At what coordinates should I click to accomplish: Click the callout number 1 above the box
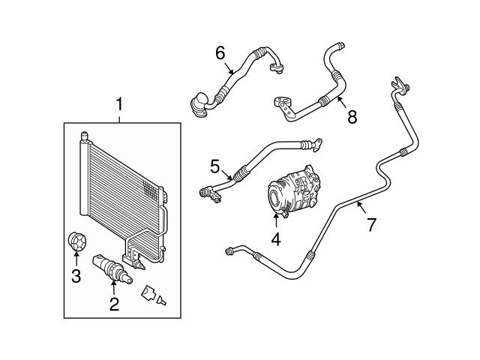point(119,104)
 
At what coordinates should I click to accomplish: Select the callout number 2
point(114,304)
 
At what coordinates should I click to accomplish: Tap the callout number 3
point(76,276)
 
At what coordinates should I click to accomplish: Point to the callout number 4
point(276,239)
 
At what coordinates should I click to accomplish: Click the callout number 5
point(215,166)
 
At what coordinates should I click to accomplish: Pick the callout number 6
point(220,53)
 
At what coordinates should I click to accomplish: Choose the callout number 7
point(371,225)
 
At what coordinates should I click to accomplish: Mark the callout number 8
point(352,117)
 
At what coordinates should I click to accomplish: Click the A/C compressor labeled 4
point(293,192)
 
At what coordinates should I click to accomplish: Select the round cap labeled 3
point(76,241)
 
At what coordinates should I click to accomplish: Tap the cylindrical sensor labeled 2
point(112,269)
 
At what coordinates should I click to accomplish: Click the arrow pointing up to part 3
point(76,258)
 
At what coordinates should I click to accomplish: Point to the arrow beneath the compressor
point(276,220)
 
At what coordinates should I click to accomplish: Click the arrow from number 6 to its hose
point(229,68)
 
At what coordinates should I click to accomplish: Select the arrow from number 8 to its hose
point(342,102)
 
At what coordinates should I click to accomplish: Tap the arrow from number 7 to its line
point(361,207)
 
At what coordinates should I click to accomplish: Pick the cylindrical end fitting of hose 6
point(199,105)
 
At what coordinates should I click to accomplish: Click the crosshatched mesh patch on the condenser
point(151,190)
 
